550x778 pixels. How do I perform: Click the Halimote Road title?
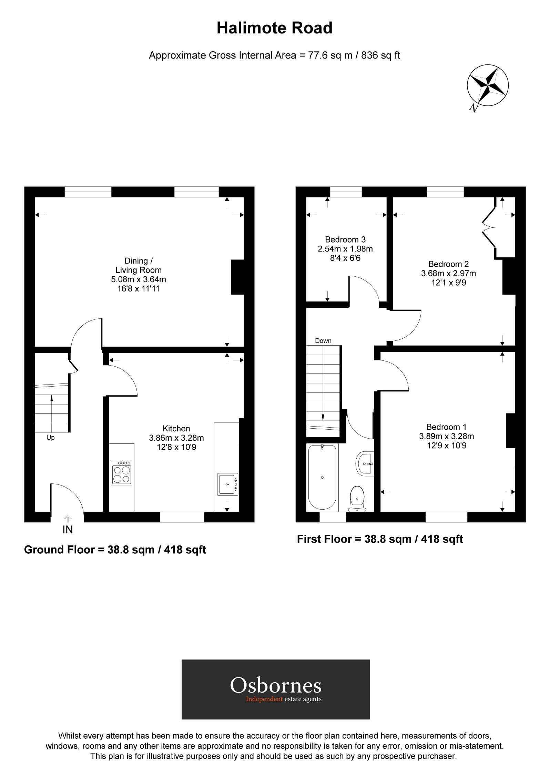[x=274, y=28]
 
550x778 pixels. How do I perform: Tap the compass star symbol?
[x=488, y=85]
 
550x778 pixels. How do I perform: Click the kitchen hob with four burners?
[x=122, y=473]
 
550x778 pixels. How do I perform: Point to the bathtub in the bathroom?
[x=322, y=477]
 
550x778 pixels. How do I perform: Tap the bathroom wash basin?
[x=365, y=463]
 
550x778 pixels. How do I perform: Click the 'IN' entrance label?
[x=68, y=530]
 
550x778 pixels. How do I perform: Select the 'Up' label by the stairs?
[x=50, y=438]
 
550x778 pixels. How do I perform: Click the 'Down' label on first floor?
[x=323, y=341]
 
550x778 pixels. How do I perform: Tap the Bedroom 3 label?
[x=345, y=239]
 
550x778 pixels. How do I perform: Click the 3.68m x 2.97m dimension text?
[x=448, y=273]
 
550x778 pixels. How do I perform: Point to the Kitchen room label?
[x=176, y=428]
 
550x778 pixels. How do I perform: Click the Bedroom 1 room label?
[x=446, y=427]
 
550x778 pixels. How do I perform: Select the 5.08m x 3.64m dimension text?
[x=138, y=279]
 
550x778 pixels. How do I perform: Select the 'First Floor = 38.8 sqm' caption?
[x=380, y=539]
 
